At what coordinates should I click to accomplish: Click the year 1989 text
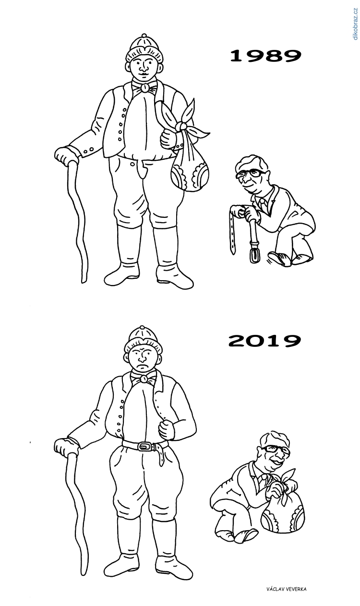point(265,56)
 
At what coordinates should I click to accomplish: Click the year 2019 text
point(264,341)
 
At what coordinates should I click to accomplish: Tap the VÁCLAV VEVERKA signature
point(286,589)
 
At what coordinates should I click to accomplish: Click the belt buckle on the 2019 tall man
point(144,447)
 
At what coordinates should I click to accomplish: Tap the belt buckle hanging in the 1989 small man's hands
point(252,253)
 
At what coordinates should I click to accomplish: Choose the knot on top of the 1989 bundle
point(181,126)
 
